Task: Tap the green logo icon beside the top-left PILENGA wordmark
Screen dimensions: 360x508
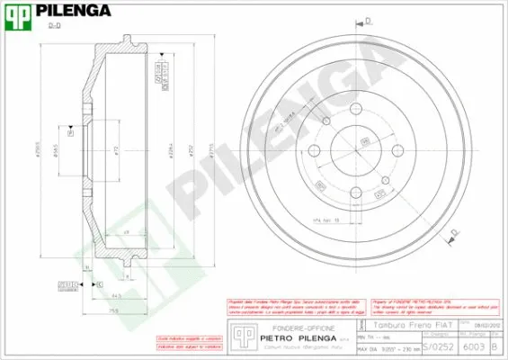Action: pos(19,12)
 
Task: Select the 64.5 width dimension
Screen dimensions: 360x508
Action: pos(117,295)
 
